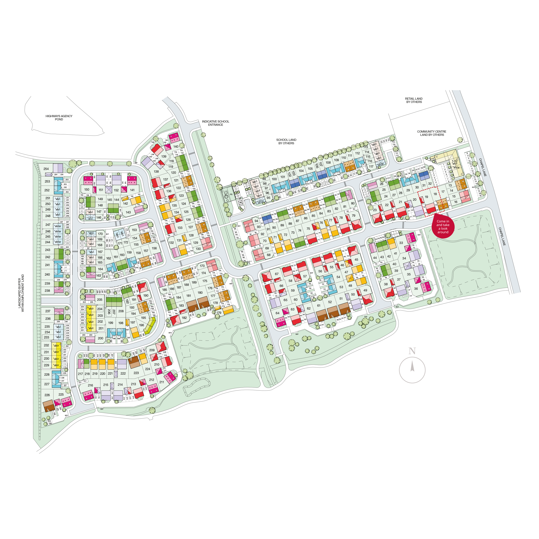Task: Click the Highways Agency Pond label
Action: pos(59,118)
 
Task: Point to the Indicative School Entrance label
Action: pos(215,123)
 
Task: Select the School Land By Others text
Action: pos(286,141)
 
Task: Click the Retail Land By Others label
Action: pos(414,100)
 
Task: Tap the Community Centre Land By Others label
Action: pos(432,133)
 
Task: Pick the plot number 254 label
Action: pos(46,169)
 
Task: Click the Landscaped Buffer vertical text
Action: pos(21,293)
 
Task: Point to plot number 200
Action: pos(100,338)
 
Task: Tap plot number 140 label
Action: pos(176,146)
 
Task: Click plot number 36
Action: pos(416,289)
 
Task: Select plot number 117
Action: pos(371,166)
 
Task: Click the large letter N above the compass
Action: pos(412,351)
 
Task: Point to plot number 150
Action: pos(87,189)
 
